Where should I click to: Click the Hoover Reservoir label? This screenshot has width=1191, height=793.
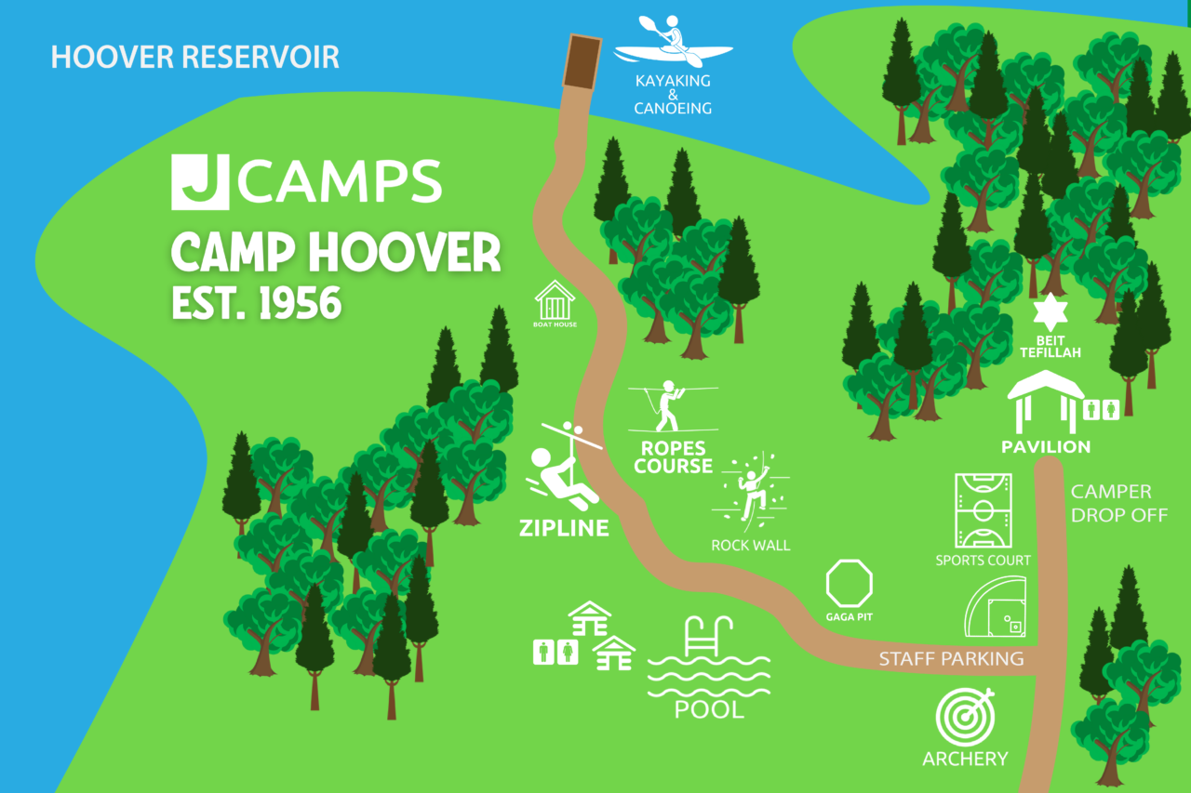point(194,57)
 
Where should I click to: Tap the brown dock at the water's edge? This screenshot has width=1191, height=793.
point(582,62)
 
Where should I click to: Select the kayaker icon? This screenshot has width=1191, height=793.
point(672,42)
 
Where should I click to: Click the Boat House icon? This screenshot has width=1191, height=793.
point(555,302)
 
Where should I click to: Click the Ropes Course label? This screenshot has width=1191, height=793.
point(673,456)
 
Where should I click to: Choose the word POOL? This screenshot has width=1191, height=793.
point(709,710)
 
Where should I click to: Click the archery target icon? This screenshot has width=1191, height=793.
point(965,718)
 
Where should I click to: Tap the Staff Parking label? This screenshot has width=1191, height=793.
point(951,659)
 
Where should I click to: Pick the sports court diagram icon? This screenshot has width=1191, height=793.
point(983,510)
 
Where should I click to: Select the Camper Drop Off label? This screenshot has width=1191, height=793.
point(1117,503)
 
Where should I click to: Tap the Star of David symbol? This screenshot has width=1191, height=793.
point(1050,312)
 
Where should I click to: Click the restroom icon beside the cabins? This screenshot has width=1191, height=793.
point(555,653)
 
